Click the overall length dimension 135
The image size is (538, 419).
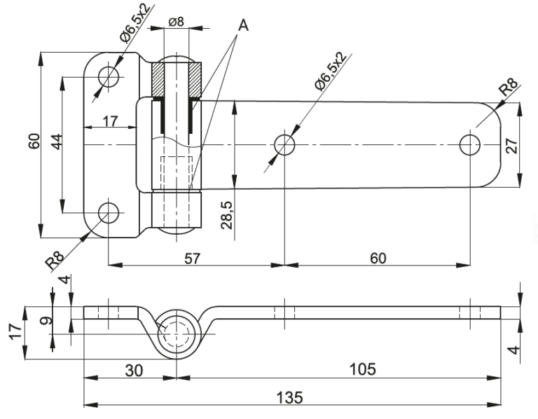pos(290,398)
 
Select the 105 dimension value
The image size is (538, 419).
pos(363,369)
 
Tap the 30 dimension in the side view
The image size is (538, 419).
pos(134,371)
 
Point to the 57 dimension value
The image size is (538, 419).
pos(192,259)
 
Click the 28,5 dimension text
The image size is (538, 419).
pos(227,215)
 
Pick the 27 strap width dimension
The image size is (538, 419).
pos(511,146)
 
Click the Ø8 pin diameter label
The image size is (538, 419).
pos(177,22)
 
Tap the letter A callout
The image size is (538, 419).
pos(243,25)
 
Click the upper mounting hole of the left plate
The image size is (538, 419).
pos(109,77)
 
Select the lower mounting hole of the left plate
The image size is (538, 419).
pos(109,213)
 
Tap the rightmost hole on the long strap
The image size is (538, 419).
pos(470,145)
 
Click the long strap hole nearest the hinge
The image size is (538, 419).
pos(284,145)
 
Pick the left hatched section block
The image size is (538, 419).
pos(158,79)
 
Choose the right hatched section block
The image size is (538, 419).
pos(195,79)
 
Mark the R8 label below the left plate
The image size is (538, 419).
pos(55,261)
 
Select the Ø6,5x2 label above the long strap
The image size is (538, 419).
pos(329,71)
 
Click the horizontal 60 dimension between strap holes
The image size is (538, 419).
pos(378,259)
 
